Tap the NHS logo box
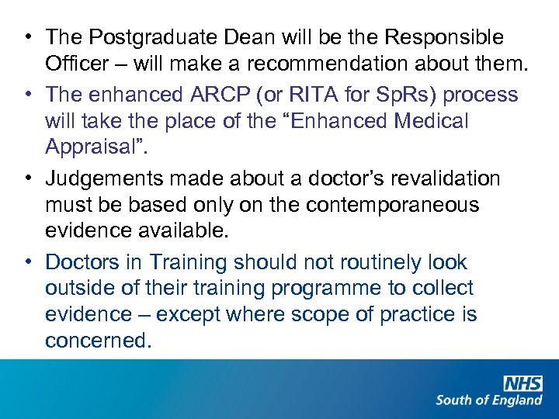coord(523,383)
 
